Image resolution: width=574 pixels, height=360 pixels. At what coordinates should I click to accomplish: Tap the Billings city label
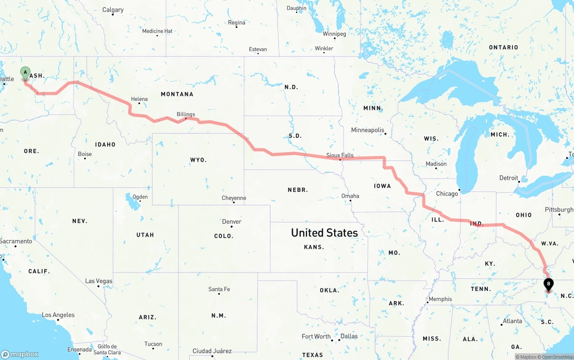pyautogui.click(x=186, y=114)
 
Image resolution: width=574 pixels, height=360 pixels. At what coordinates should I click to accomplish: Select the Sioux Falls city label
pyautogui.click(x=339, y=156)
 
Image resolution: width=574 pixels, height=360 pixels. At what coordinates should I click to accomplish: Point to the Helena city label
pyautogui.click(x=139, y=99)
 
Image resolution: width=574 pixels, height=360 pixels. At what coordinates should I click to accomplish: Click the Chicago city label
pyautogui.click(x=447, y=194)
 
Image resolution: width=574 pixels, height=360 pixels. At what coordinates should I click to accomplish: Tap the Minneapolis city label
pyautogui.click(x=367, y=130)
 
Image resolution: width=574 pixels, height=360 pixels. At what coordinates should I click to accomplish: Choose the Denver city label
pyautogui.click(x=231, y=221)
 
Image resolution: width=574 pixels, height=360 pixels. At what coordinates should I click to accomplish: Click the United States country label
pyautogui.click(x=324, y=233)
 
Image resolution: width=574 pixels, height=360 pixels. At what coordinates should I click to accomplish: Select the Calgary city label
pyautogui.click(x=113, y=10)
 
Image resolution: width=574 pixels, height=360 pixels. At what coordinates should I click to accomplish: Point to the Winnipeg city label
pyautogui.click(x=334, y=34)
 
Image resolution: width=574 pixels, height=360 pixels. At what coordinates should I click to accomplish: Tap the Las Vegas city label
pyautogui.click(x=99, y=281)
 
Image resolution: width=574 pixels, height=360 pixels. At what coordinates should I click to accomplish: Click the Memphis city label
pyautogui.click(x=440, y=299)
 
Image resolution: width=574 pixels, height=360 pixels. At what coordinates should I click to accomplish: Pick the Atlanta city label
pyautogui.click(x=512, y=321)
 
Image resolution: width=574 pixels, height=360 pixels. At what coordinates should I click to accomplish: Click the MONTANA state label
pyautogui.click(x=177, y=94)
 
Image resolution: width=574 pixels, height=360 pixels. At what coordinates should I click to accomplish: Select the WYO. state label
pyautogui.click(x=198, y=160)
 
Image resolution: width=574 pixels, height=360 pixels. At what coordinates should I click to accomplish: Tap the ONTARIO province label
pyautogui.click(x=503, y=48)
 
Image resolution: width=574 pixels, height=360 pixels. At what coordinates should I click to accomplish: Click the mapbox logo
pyautogui.click(x=20, y=354)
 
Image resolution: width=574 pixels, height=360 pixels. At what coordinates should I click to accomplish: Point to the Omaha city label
pyautogui.click(x=350, y=196)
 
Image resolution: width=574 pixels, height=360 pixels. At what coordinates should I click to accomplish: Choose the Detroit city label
pyautogui.click(x=509, y=178)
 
